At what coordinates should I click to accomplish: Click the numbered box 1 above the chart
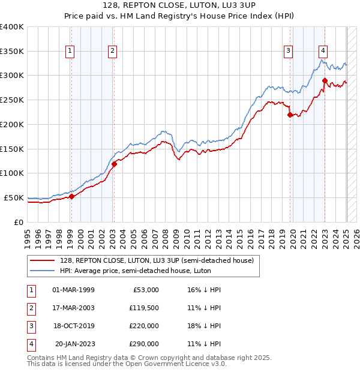(71, 52)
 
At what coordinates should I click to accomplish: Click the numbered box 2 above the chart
(113, 52)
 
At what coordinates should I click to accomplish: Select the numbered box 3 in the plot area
(289, 52)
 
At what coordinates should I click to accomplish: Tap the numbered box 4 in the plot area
(323, 52)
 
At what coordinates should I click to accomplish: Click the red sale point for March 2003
(114, 164)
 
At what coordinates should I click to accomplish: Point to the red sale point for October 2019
(290, 115)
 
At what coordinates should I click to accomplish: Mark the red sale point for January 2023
(325, 80)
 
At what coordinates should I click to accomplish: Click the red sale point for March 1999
(71, 196)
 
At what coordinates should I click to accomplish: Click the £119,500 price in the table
(144, 308)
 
